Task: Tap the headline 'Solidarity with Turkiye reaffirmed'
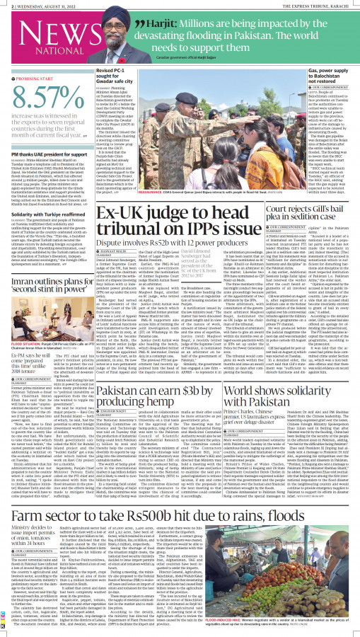click(44, 214)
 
